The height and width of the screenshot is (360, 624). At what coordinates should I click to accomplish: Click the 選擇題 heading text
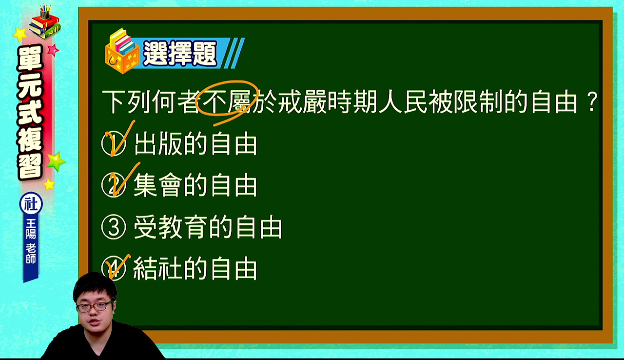tap(180, 53)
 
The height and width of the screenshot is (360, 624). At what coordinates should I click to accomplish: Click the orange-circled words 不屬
tap(226, 101)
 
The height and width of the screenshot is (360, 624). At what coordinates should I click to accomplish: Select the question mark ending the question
tap(593, 102)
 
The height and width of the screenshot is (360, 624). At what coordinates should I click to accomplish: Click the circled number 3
tap(114, 227)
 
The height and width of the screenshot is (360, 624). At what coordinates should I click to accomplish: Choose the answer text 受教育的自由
tap(208, 227)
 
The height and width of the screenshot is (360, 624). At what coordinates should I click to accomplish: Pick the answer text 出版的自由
tap(195, 144)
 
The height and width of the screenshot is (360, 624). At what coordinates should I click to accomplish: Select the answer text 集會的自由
tap(195, 185)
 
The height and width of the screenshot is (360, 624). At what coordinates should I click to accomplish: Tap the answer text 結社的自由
tap(195, 269)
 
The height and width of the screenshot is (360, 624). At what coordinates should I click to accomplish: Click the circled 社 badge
tap(31, 204)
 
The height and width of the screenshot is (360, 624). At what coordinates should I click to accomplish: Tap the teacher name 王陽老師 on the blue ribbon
tap(31, 241)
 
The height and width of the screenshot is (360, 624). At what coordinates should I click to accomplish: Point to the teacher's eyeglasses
tap(95, 306)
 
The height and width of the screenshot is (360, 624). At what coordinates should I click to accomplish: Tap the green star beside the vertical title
tap(56, 161)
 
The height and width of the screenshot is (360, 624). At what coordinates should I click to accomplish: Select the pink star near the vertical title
tap(53, 50)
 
